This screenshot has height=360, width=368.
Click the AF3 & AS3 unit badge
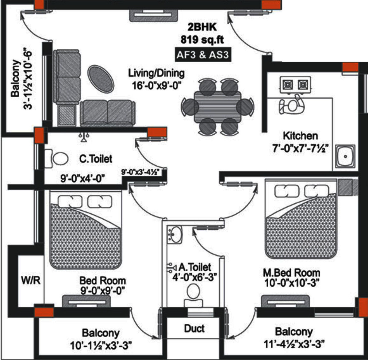[x=202, y=55]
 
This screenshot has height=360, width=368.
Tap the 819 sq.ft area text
[x=202, y=40]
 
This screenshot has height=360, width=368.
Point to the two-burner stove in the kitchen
[x=295, y=84]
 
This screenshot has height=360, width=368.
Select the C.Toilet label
[x=96, y=159]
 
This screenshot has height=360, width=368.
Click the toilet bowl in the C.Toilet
[x=59, y=159]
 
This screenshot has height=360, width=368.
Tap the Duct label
[x=194, y=328]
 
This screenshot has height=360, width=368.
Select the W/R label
[x=31, y=280]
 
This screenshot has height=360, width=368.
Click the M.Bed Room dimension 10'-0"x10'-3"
[x=291, y=283]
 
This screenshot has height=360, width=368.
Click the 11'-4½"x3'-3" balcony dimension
[x=294, y=344]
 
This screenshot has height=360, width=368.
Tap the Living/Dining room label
[x=156, y=73]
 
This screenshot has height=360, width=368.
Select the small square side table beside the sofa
[x=67, y=115]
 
